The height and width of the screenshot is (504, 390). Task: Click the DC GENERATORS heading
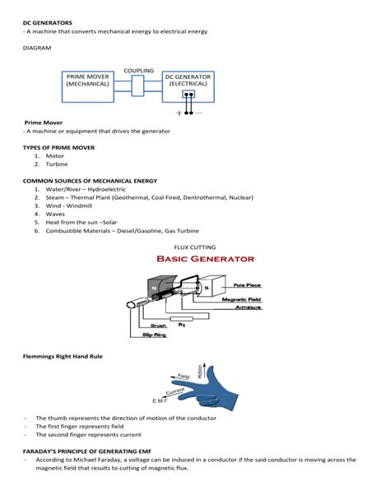pos(47,22)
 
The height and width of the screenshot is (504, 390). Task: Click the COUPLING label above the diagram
pos(138,71)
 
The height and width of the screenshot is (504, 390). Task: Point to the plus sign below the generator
pos(179,113)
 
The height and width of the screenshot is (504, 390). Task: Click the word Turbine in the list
pos(56,164)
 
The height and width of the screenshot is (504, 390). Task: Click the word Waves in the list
pos(55,214)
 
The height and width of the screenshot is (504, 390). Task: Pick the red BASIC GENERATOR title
pos(205,259)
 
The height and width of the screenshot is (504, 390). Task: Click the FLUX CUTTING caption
pos(195,247)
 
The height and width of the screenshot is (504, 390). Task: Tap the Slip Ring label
pos(154,335)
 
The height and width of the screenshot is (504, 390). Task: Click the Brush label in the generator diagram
pos(158,326)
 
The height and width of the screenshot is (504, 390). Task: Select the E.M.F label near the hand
pos(160,400)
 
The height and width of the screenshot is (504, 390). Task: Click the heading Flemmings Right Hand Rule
pos(62,356)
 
